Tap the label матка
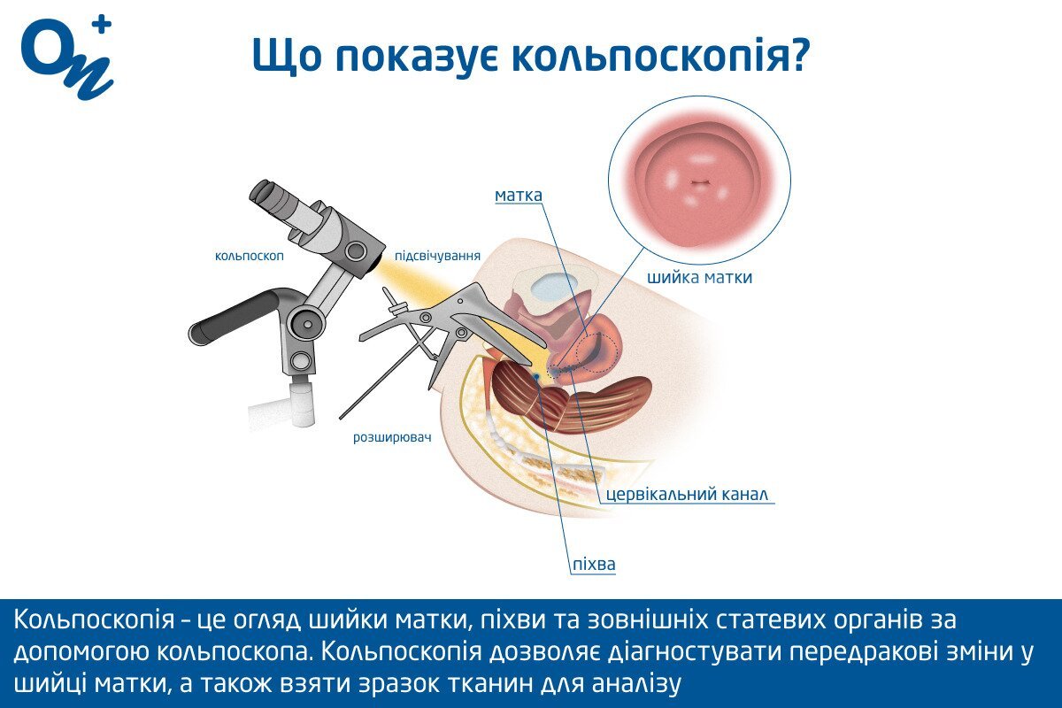pos(519,196)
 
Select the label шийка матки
pos(700,277)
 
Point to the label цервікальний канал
pos(687,494)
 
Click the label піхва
pos(594,565)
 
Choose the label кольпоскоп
pos(250,256)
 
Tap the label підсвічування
pos(437,256)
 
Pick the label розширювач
pos(392,437)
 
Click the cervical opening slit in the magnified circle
pos(699,182)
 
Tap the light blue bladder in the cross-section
pos(555,289)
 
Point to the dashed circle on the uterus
pos(598,352)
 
